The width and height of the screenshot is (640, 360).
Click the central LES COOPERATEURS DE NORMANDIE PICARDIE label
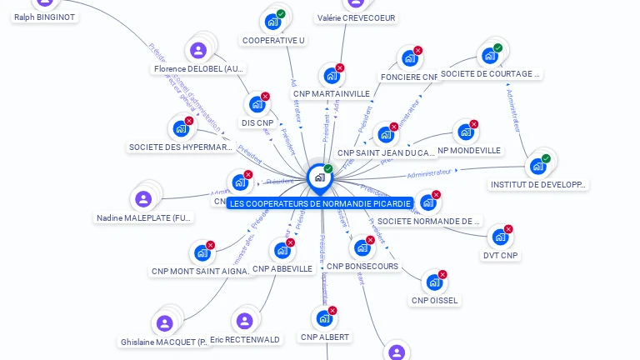[320, 203]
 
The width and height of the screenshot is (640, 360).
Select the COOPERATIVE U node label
[273, 40]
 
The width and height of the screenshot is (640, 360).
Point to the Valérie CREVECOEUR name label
[356, 17]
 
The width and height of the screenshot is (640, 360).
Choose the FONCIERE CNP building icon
[408, 58]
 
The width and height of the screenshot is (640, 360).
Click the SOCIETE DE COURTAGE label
[490, 74]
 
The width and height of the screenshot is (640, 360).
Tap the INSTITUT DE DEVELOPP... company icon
[537, 166]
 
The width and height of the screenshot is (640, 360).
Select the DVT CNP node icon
[500, 237]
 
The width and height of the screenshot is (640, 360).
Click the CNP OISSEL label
[434, 300]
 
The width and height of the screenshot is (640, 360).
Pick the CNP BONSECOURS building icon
[362, 247]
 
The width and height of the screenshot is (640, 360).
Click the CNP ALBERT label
[325, 337]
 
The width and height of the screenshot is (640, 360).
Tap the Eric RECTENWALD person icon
[244, 321]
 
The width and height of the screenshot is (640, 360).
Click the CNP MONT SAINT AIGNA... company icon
[202, 252]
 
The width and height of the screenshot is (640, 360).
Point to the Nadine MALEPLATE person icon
[143, 199]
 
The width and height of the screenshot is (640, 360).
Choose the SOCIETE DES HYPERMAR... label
[181, 147]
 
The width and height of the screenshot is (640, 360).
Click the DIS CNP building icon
[257, 104]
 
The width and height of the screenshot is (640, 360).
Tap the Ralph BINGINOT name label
[44, 16]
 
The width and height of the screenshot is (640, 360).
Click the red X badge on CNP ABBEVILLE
[291, 242]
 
